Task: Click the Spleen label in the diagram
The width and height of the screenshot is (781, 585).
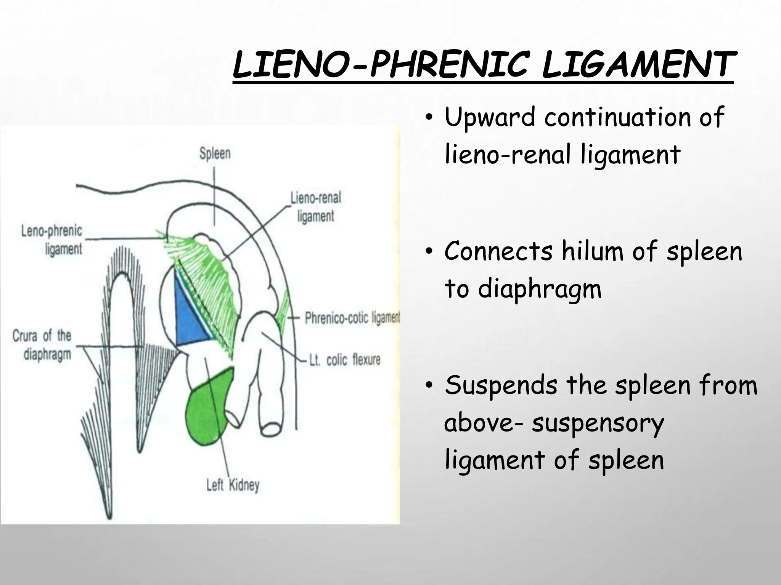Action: point(215,153)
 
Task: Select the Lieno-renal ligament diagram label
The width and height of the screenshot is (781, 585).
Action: point(315,207)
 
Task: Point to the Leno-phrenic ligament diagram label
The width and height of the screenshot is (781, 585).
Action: point(51,240)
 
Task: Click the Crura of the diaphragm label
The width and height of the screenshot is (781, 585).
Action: point(42,345)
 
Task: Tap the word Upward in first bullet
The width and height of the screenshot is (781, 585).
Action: point(490,118)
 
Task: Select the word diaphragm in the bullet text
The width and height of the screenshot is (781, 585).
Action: point(540,289)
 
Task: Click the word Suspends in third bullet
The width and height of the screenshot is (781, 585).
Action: point(501,385)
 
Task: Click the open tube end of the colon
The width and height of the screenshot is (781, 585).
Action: point(272,428)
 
